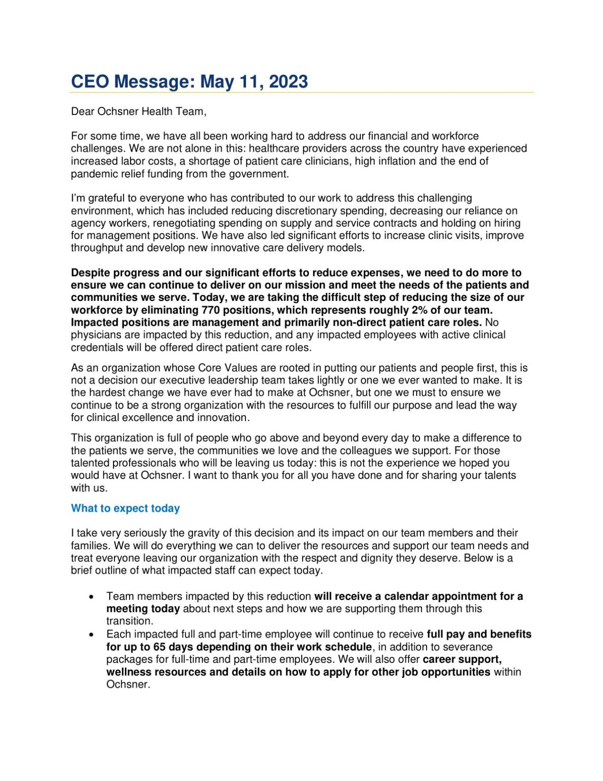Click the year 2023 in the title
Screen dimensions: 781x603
[x=288, y=82]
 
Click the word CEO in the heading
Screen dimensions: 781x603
[x=90, y=82]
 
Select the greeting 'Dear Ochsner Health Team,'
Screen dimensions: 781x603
[x=139, y=112]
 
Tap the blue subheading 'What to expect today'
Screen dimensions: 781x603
[x=125, y=508]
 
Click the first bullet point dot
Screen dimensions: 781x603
[x=91, y=597]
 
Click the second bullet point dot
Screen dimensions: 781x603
[x=91, y=635]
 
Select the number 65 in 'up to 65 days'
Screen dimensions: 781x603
[x=159, y=647]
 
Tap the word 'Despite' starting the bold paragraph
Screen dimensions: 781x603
[x=90, y=273]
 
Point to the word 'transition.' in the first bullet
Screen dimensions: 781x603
[x=130, y=621]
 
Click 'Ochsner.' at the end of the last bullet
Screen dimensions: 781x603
[x=128, y=684]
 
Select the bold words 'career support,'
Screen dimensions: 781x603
[x=462, y=659]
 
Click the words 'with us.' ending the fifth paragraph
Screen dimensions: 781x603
[x=89, y=488]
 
